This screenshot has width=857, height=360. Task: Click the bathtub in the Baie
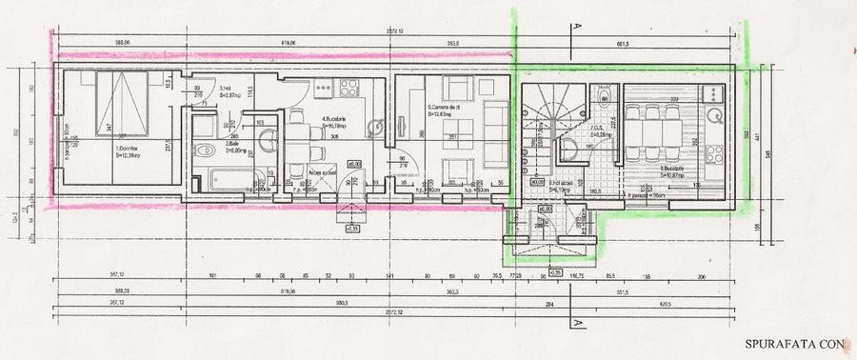tap(221, 178)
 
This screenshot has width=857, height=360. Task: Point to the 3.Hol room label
tap(231, 90)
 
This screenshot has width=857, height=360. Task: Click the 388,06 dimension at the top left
tap(121, 43)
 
